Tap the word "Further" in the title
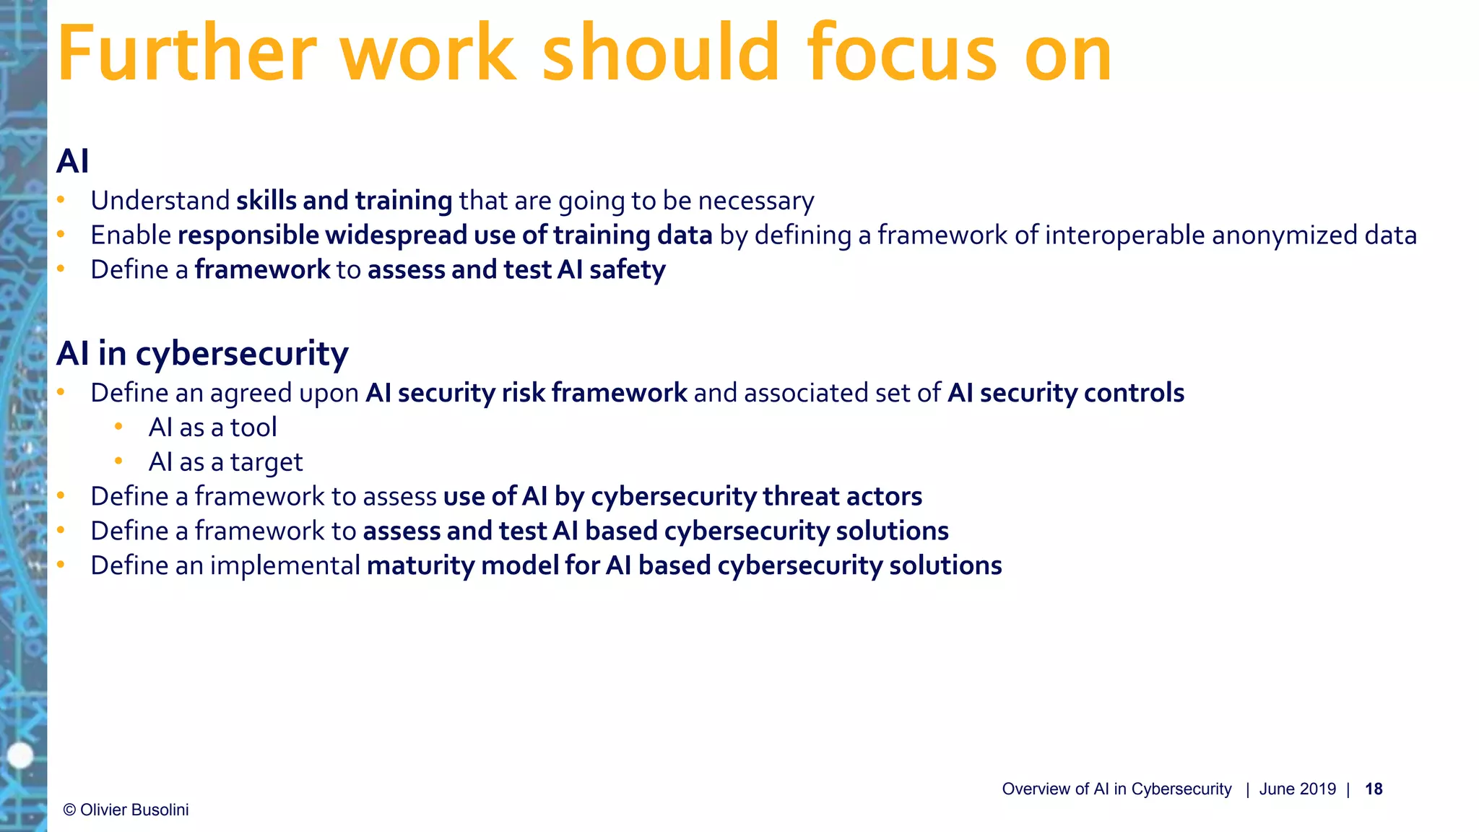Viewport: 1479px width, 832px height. tap(186, 53)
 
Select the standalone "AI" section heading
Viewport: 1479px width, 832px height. tap(73, 161)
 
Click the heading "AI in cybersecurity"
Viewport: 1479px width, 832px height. tap(202, 354)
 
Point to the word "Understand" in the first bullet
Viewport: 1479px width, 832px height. tap(160, 201)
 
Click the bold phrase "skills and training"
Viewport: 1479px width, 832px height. tap(344, 201)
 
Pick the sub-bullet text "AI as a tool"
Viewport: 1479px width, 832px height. tap(212, 428)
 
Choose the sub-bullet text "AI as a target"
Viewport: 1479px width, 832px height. tap(225, 462)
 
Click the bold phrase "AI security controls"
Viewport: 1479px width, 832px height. tap(1065, 393)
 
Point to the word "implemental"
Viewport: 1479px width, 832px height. tap(285, 565)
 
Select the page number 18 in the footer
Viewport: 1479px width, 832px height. tap(1373, 789)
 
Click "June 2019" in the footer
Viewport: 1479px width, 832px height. tap(1297, 789)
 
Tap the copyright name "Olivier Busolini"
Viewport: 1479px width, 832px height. tap(134, 810)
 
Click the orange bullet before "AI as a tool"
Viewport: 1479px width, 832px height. tap(118, 427)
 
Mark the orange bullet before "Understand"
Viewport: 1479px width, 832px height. tap(61, 200)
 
